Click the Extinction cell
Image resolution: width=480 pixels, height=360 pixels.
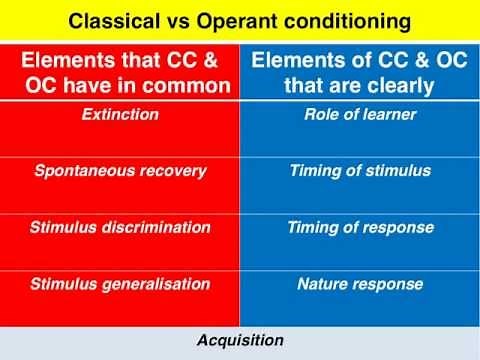tap(121, 114)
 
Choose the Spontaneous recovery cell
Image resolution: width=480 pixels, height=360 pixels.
tap(121, 171)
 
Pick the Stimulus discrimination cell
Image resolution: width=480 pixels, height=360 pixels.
tap(121, 227)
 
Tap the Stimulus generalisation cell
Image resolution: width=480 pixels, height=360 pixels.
tap(121, 284)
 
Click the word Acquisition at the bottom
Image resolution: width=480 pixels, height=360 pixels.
tap(239, 339)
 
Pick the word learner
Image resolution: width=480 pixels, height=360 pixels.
tap(389, 114)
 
